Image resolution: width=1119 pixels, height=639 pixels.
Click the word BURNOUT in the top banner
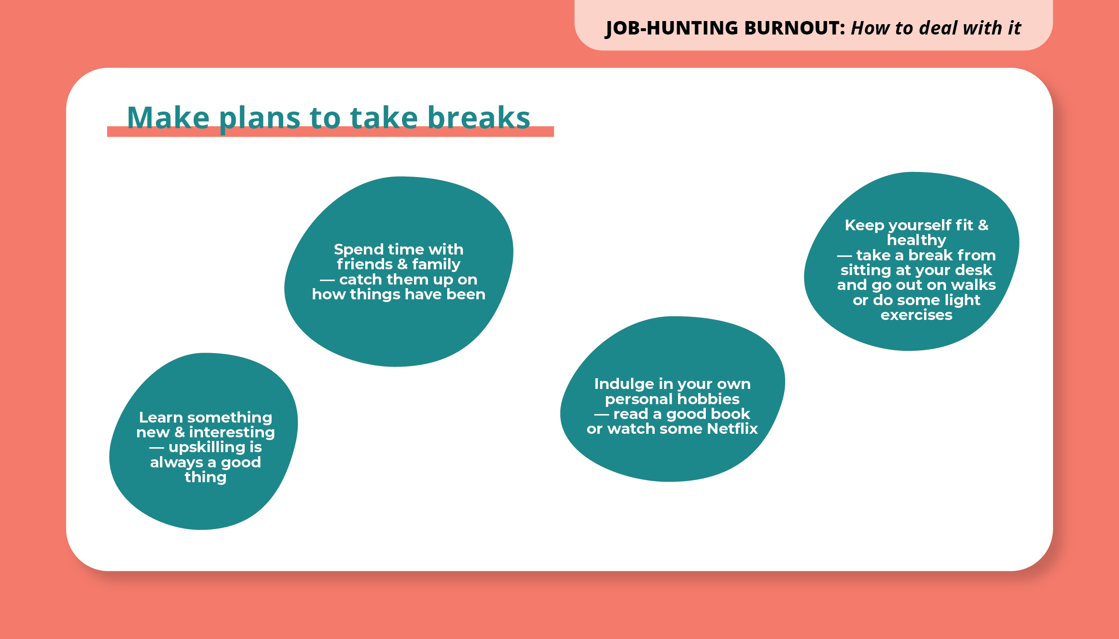pyautogui.click(x=794, y=28)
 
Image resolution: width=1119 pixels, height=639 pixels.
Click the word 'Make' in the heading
pyautogui.click(x=168, y=118)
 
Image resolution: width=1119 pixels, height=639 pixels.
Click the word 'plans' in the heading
pyautogui.click(x=259, y=119)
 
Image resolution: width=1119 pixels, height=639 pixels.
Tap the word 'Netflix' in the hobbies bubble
pyautogui.click(x=732, y=429)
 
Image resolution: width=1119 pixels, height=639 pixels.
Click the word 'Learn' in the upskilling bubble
pyautogui.click(x=161, y=418)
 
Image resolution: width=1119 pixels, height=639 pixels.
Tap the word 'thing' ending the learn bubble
pyautogui.click(x=206, y=477)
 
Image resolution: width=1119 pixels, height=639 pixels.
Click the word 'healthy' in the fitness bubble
pyautogui.click(x=916, y=240)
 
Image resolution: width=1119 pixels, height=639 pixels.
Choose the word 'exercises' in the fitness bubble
pyautogui.click(x=916, y=315)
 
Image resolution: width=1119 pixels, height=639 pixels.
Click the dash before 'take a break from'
pyautogui.click(x=844, y=256)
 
